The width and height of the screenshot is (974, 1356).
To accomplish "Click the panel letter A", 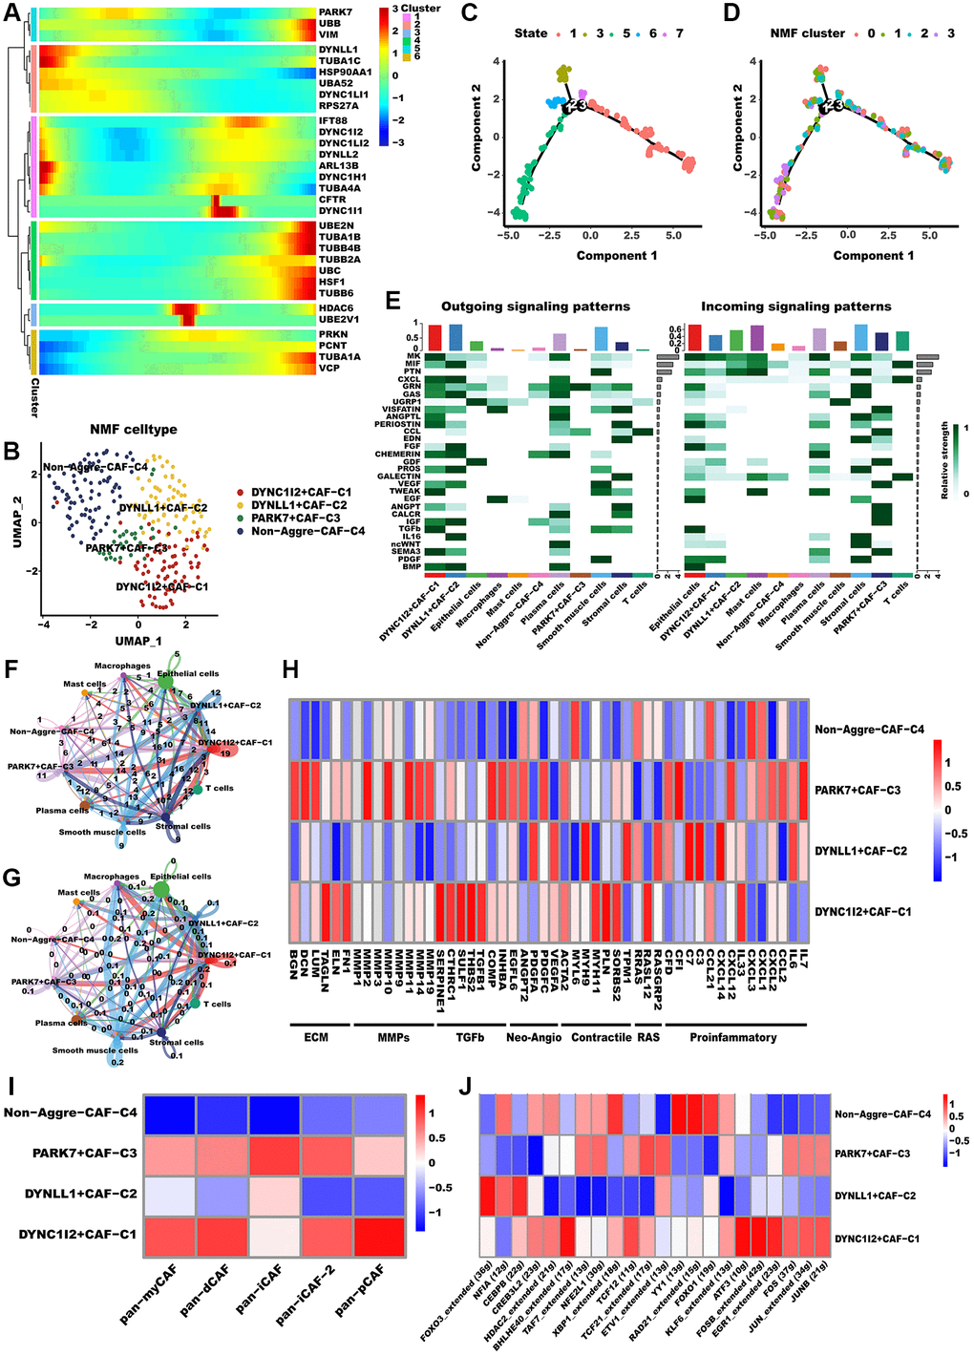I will (x=13, y=17).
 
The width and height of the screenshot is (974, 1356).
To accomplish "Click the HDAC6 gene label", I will (x=336, y=308).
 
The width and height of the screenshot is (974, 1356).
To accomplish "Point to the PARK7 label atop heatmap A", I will (x=335, y=12).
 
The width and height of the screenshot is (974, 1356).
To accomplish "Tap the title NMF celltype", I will (x=134, y=430).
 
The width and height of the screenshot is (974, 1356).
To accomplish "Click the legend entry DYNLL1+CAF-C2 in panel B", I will (x=299, y=505).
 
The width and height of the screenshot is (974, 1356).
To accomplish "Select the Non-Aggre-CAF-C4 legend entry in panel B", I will (x=307, y=531).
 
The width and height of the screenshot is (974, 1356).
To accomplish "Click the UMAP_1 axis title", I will (x=138, y=641).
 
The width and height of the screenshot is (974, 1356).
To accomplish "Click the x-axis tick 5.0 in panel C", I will (x=673, y=235).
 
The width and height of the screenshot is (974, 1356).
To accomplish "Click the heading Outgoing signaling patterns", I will (x=535, y=307).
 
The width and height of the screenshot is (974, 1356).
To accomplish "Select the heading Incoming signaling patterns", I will (x=795, y=307).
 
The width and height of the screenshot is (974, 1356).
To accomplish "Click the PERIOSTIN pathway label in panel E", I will (x=400, y=424).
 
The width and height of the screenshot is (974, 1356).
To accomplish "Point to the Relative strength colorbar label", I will (x=945, y=459).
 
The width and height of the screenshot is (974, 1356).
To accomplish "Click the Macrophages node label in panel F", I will (x=122, y=666).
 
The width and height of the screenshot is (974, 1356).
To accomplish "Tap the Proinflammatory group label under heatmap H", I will (x=732, y=1037).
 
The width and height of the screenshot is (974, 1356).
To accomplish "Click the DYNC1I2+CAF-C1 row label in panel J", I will (x=877, y=1239).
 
